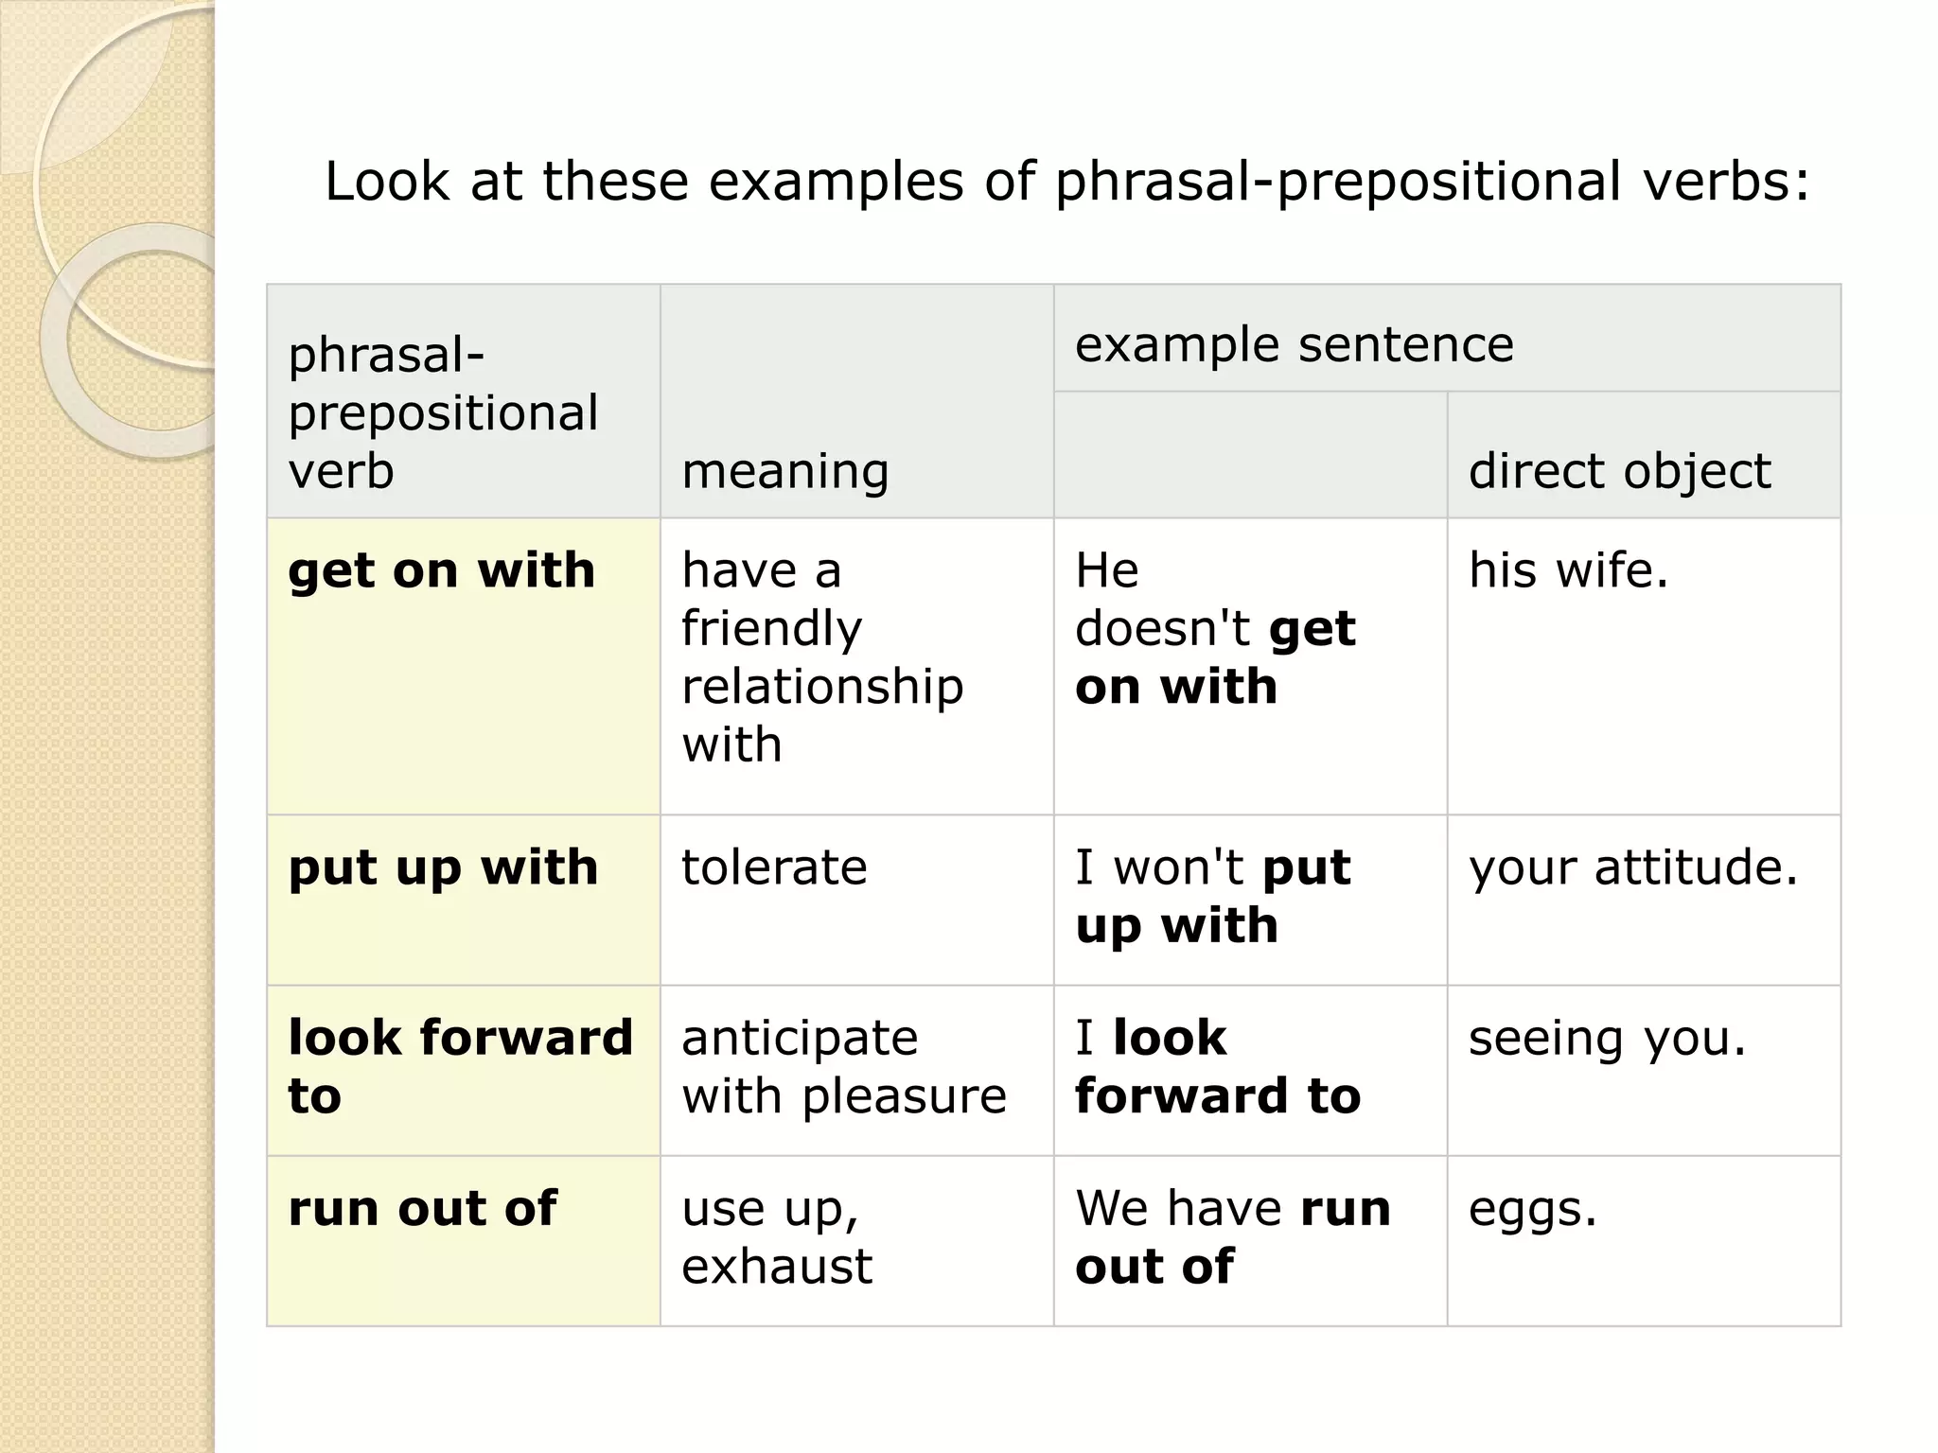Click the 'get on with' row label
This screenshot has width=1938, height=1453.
pos(441,571)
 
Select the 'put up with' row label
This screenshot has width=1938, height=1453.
pos(443,868)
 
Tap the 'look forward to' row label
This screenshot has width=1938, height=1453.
pos(460,1067)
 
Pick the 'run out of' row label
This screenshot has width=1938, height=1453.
pos(422,1209)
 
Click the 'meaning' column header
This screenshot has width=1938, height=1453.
pos(785,471)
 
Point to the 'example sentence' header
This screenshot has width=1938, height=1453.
pos(1294,344)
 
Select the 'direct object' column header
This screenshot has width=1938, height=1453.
pos(1619,471)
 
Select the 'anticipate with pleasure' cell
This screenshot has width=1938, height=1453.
pos(843,1067)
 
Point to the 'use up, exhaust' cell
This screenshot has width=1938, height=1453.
pos(776,1237)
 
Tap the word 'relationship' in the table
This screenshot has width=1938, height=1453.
pos(822,688)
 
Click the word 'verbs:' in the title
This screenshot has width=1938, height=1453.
pos(1725,182)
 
